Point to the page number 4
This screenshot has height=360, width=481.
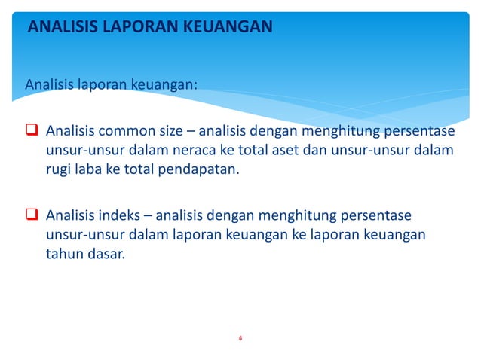[x=240, y=337]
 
